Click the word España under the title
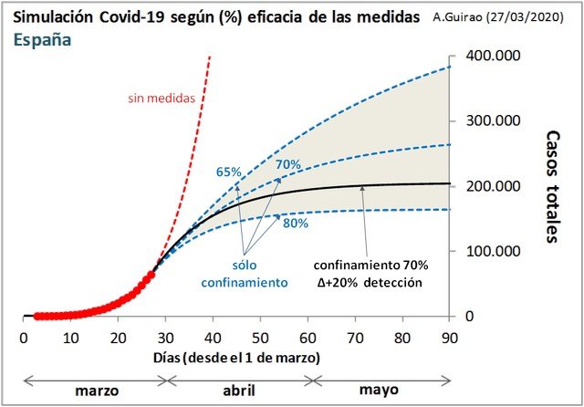click(43, 39)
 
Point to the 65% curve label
click(228, 171)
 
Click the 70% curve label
click(287, 164)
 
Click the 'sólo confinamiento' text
click(244, 274)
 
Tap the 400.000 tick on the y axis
click(495, 57)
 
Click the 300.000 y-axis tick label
click(495, 121)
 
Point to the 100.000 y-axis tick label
click(495, 251)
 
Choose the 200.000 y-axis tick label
click(495, 186)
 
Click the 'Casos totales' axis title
click(552, 187)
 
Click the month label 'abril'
click(238, 390)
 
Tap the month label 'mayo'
click(379, 390)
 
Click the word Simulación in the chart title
click(53, 17)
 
